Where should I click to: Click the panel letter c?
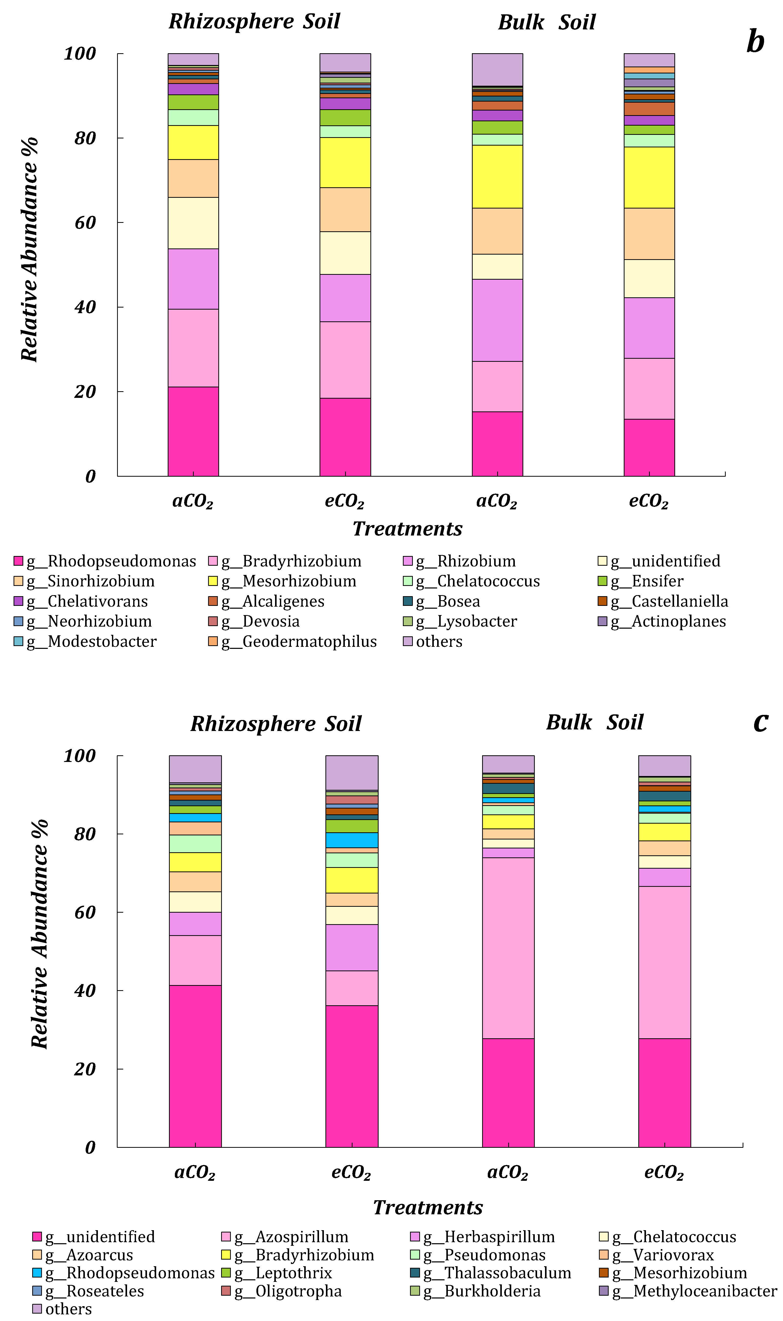760,721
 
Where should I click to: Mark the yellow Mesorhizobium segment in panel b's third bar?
497,176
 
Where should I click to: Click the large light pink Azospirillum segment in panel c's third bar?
508,948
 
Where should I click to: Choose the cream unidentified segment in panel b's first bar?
193,223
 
